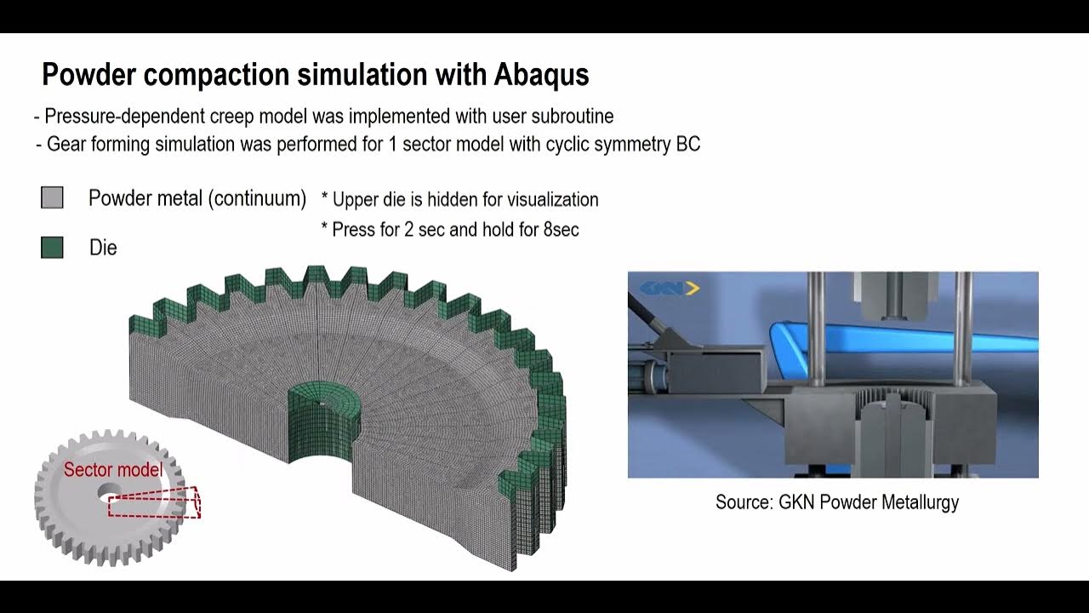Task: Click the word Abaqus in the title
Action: [x=541, y=75]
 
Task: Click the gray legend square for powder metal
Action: [x=52, y=198]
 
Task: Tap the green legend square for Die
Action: [x=52, y=248]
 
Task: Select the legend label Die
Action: [x=103, y=248]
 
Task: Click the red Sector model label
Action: [x=113, y=470]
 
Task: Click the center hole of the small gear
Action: [x=109, y=491]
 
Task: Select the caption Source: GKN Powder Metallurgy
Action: [x=836, y=502]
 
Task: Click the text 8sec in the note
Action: [x=561, y=230]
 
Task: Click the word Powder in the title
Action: [x=88, y=75]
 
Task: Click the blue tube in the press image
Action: [x=902, y=339]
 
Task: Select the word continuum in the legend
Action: [x=258, y=198]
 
